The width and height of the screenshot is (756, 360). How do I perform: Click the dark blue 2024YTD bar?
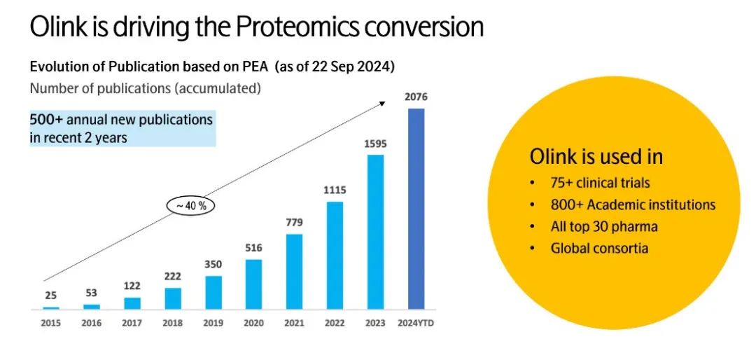coord(416,209)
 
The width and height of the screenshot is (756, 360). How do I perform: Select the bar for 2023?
coord(375,231)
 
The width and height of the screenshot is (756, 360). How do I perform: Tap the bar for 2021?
coord(295,271)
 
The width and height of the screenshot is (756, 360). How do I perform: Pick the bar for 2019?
coord(213,292)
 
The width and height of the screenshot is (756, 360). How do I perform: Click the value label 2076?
coord(416,97)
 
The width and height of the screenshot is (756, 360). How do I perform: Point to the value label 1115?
coord(335,190)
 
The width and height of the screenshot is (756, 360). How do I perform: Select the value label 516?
coord(254,247)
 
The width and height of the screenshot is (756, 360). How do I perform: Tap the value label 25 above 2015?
coord(51,295)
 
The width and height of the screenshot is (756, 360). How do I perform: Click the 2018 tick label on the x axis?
coord(173,324)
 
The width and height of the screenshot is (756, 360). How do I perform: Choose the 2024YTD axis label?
coord(416,324)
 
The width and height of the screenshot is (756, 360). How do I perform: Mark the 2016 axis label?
coord(92,324)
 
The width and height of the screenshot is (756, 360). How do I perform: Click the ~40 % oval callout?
coord(191,206)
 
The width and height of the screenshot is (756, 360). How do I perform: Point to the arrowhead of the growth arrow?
coord(383,103)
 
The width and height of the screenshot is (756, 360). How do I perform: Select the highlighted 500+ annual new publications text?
coord(121,128)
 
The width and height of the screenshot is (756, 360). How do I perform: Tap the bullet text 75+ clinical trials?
coord(600,184)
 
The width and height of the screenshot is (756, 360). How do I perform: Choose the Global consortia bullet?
coord(599,248)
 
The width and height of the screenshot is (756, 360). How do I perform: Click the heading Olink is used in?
coord(596,156)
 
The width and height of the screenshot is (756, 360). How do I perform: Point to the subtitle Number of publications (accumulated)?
coord(146,89)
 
